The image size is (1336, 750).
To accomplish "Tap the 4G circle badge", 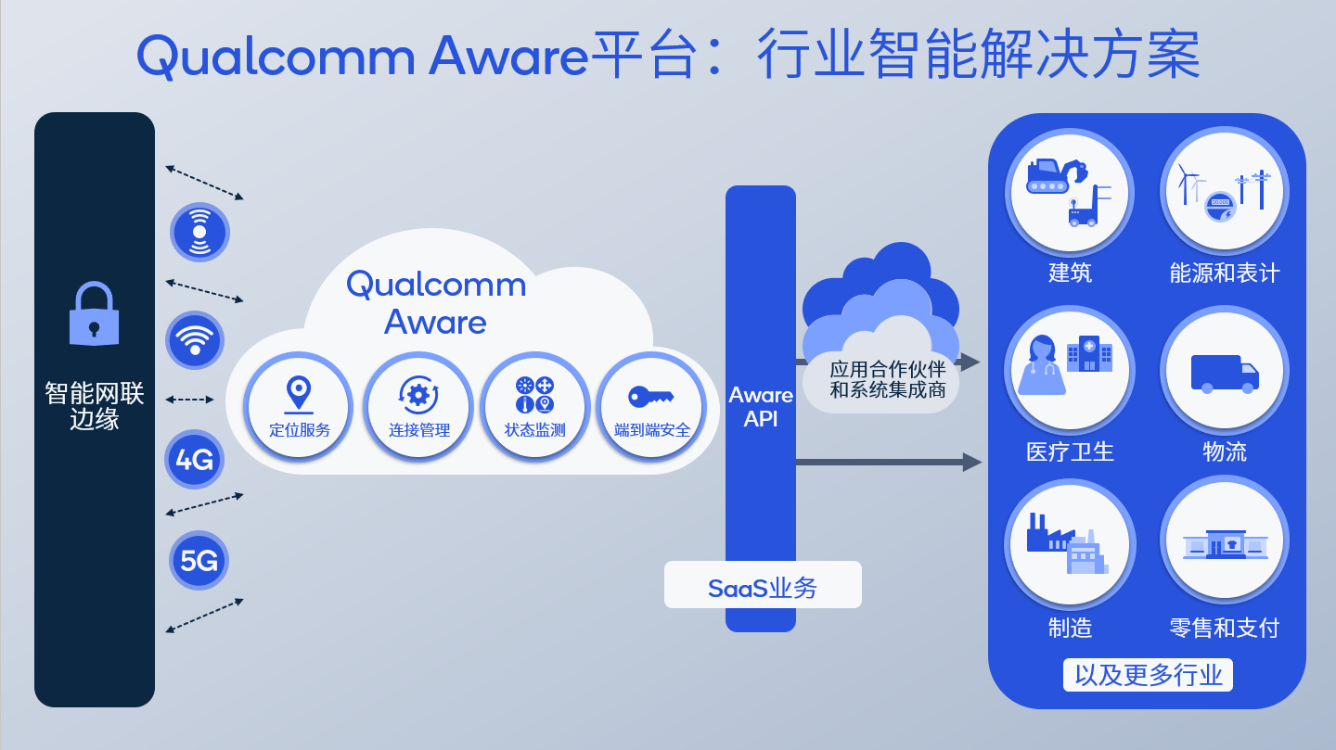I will (195, 459).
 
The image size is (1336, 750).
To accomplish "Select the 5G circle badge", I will (199, 560).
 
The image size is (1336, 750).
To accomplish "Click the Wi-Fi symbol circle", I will (195, 340).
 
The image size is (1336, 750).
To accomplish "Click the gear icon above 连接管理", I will (418, 395).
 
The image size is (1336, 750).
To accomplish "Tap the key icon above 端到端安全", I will (650, 396).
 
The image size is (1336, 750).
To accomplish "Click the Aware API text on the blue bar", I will (761, 406).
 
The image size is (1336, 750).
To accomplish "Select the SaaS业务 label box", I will (763, 586).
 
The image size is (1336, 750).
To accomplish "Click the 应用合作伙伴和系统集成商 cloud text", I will (888, 379).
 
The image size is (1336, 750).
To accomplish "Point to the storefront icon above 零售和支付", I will (1225, 544).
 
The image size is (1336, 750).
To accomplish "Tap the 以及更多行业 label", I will (1148, 674).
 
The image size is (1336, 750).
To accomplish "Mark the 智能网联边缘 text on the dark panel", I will (94, 406).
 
